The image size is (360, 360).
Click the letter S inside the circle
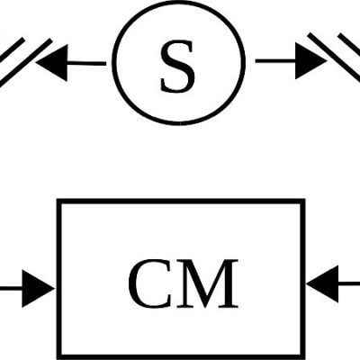point(177,67)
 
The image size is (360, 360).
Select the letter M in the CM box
point(206,283)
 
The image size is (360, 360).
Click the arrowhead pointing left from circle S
point(51,63)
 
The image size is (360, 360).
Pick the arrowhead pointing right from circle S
point(311,61)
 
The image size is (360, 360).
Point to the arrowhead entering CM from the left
point(38,289)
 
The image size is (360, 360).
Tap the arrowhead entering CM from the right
point(322,283)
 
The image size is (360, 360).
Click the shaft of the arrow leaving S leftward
point(87,63)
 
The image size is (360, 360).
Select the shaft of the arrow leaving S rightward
point(275,61)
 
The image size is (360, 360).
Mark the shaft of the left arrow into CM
point(11,289)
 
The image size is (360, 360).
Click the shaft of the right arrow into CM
point(349,283)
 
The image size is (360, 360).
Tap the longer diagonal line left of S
point(25,63)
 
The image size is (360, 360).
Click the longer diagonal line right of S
point(334,57)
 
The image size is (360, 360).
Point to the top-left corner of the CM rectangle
point(59,202)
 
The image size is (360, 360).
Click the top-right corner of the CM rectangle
point(303,202)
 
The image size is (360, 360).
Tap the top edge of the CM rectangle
point(181,202)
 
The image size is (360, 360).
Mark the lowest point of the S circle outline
point(179,123)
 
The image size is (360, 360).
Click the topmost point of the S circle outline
point(179,2)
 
